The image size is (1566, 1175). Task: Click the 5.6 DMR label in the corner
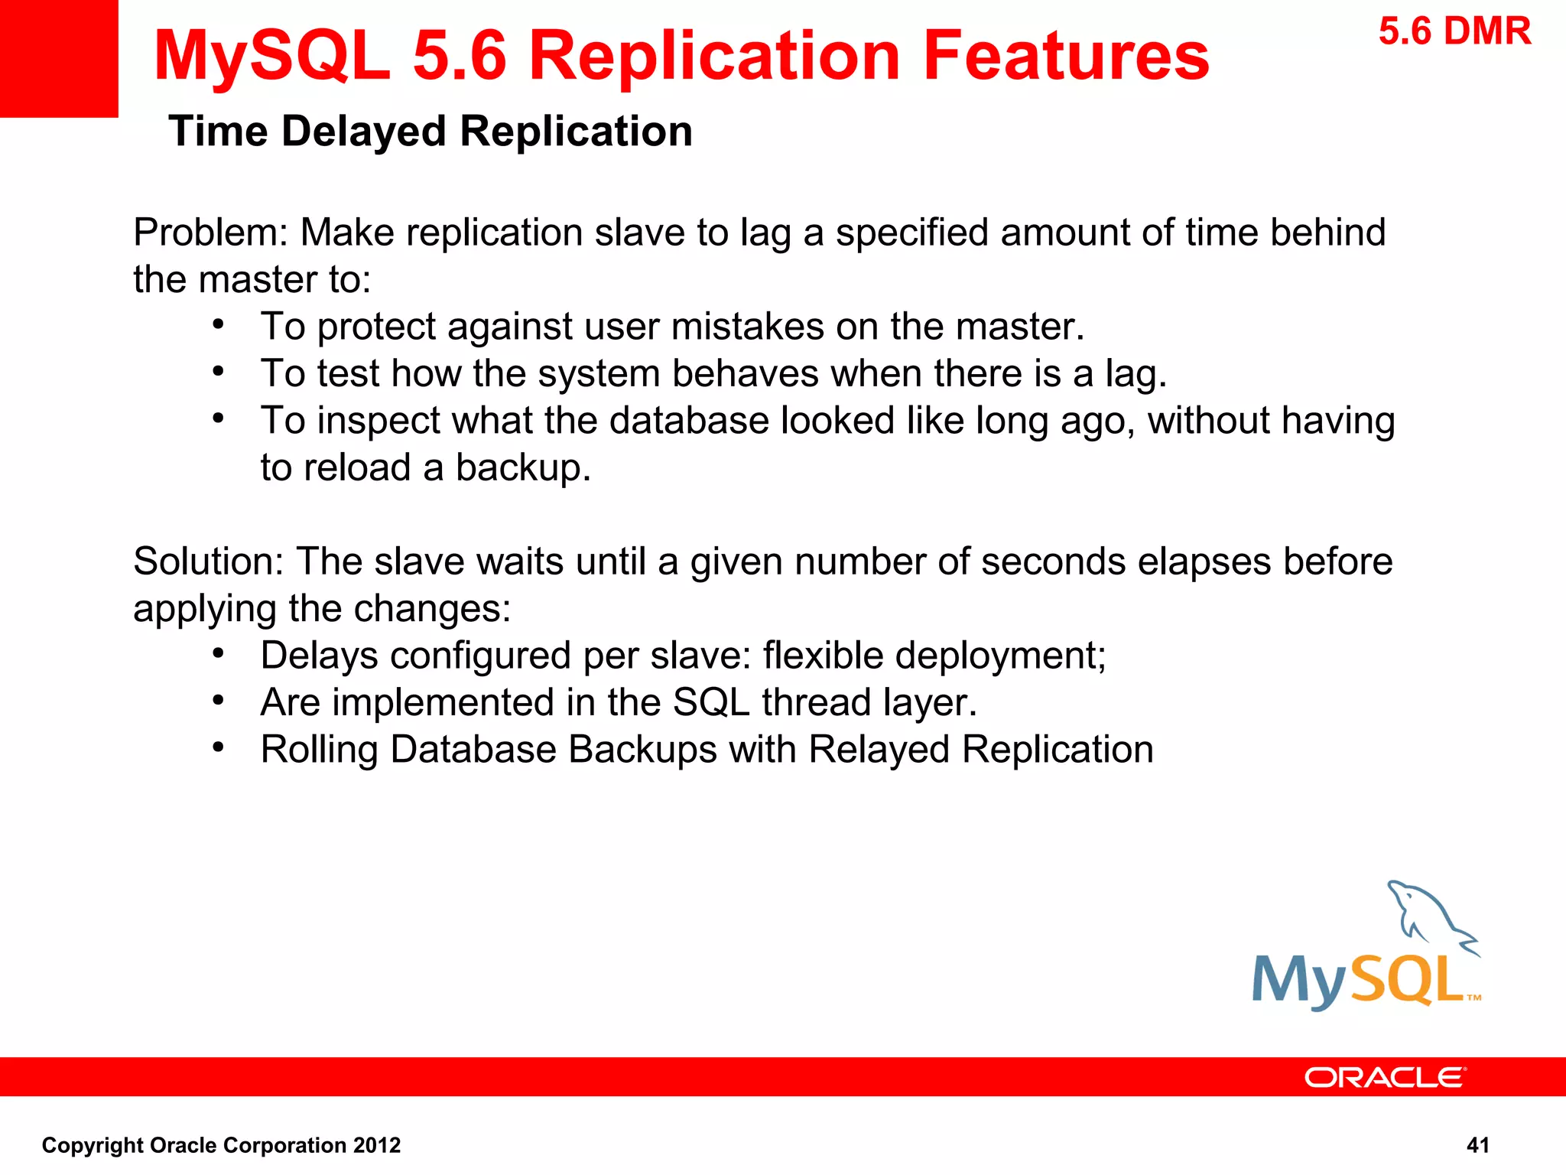[1454, 32]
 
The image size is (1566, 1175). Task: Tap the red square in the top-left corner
[59, 58]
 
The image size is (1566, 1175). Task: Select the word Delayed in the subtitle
[364, 131]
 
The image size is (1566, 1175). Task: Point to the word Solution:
[209, 561]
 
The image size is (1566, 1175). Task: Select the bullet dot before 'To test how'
[219, 372]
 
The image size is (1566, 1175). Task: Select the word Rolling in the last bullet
[319, 750]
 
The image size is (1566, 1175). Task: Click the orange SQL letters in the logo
[1407, 979]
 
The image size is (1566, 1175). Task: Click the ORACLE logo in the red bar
[1385, 1078]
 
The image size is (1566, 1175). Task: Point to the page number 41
[1477, 1145]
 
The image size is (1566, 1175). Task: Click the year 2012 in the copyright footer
[376, 1145]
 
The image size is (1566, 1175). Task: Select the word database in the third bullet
[688, 421]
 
